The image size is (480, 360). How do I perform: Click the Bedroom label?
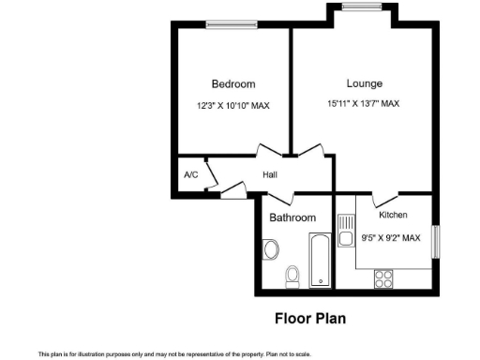[232, 84]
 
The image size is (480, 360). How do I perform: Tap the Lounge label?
[364, 83]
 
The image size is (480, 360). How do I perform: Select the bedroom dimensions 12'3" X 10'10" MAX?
[232, 106]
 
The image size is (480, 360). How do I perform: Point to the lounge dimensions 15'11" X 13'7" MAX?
[364, 104]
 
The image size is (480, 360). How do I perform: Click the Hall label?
[269, 175]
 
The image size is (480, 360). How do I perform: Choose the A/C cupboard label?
[190, 175]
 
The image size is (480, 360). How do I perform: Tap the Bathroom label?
[292, 217]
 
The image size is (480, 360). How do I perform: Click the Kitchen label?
[393, 216]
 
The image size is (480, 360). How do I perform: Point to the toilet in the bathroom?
[292, 275]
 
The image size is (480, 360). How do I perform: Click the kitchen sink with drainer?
[345, 231]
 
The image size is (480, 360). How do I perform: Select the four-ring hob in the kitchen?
[383, 277]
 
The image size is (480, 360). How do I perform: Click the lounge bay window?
[361, 7]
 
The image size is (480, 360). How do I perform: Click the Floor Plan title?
[309, 319]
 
